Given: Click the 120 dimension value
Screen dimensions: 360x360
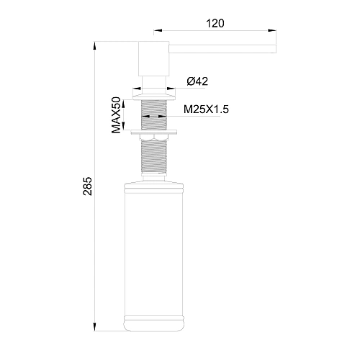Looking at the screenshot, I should tap(215, 22).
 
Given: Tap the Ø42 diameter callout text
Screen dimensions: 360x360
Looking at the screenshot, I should tap(198, 81).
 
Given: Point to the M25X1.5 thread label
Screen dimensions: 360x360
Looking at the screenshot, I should tap(206, 110).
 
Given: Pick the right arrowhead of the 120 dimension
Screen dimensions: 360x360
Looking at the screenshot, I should tap(272, 30).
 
